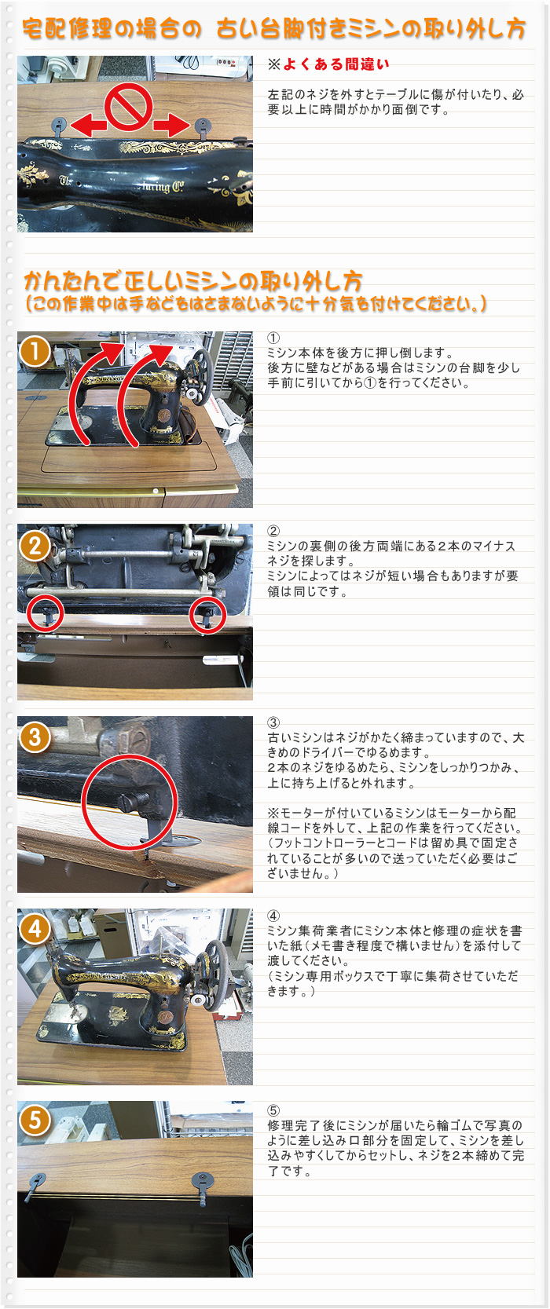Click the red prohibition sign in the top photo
(x=129, y=106)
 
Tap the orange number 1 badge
(x=35, y=353)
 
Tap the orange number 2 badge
(x=35, y=545)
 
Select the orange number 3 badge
(x=35, y=737)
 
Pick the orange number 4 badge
(x=35, y=929)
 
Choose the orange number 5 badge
(x=35, y=1121)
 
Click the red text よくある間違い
(x=336, y=64)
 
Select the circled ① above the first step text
(x=273, y=338)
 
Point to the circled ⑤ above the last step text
(x=273, y=1110)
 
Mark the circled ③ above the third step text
(x=273, y=723)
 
